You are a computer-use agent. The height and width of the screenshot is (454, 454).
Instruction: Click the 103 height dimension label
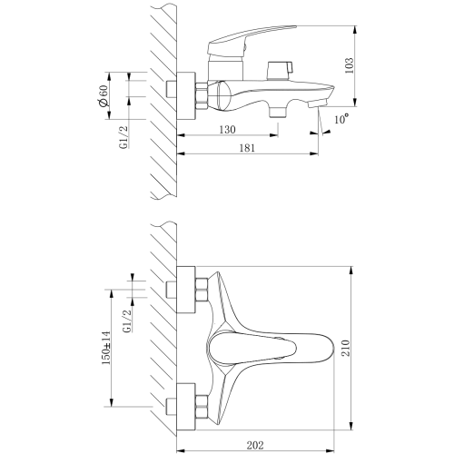pyautogui.click(x=350, y=65)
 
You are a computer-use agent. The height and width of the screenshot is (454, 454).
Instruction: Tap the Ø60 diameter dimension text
pyautogui.click(x=104, y=95)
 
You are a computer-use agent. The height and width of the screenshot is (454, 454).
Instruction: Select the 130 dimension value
pyautogui.click(x=227, y=130)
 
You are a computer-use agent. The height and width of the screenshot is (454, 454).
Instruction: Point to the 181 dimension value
pyautogui.click(x=247, y=148)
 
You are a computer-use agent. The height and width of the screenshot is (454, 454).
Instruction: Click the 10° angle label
pyautogui.click(x=341, y=119)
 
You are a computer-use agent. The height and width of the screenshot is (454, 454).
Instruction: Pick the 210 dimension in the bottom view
pyautogui.click(x=346, y=348)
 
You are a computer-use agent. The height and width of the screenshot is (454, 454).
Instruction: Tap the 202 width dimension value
pyautogui.click(x=255, y=445)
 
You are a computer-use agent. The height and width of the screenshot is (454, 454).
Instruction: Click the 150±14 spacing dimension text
pyautogui.click(x=106, y=348)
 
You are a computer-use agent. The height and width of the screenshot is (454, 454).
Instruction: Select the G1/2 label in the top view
pyautogui.click(x=123, y=137)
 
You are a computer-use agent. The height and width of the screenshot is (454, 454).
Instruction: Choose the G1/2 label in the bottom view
pyautogui.click(x=128, y=321)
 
